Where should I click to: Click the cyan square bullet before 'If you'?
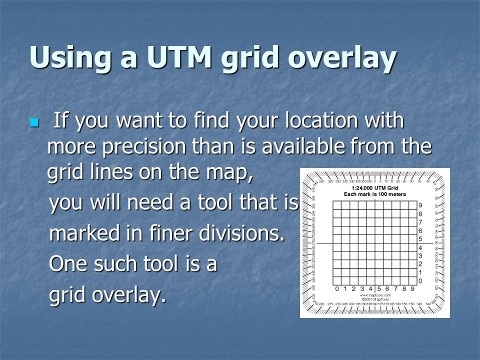click(34, 122)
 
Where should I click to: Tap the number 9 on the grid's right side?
click(420, 205)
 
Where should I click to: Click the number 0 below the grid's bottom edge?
click(338, 288)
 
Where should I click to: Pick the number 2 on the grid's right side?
click(420, 263)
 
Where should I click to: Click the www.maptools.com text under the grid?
click(375, 295)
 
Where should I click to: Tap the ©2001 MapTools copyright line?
click(375, 300)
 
